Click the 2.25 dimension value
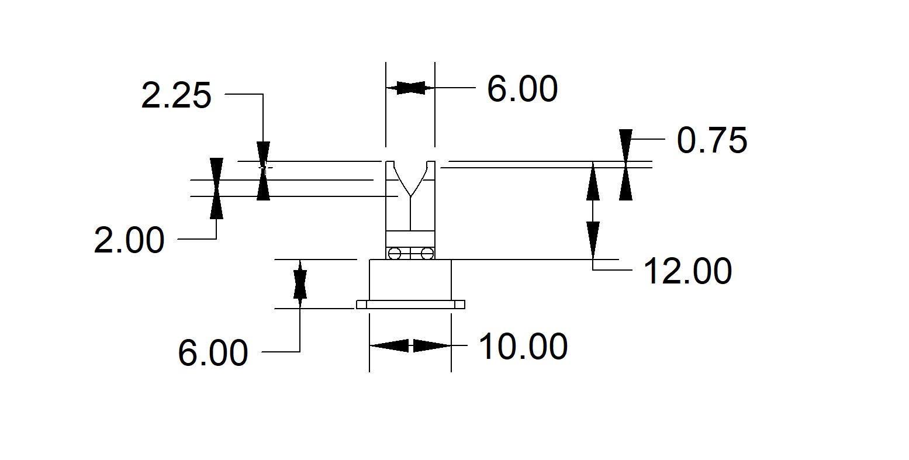coord(176,96)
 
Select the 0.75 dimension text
coord(711,141)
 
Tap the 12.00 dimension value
coord(687,272)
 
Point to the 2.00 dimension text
coord(129,240)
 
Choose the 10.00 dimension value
coord(523,347)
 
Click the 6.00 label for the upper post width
coord(523,89)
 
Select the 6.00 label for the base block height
coord(213,353)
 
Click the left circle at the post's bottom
coord(395,254)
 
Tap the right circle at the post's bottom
coord(427,254)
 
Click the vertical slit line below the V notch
coord(410,213)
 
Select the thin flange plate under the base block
coord(410,305)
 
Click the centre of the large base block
coord(410,279)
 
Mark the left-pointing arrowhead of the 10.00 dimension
coord(389,346)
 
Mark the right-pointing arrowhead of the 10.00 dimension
coord(433,346)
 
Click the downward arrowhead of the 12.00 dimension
coord(593,241)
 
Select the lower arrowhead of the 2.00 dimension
coord(216,207)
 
